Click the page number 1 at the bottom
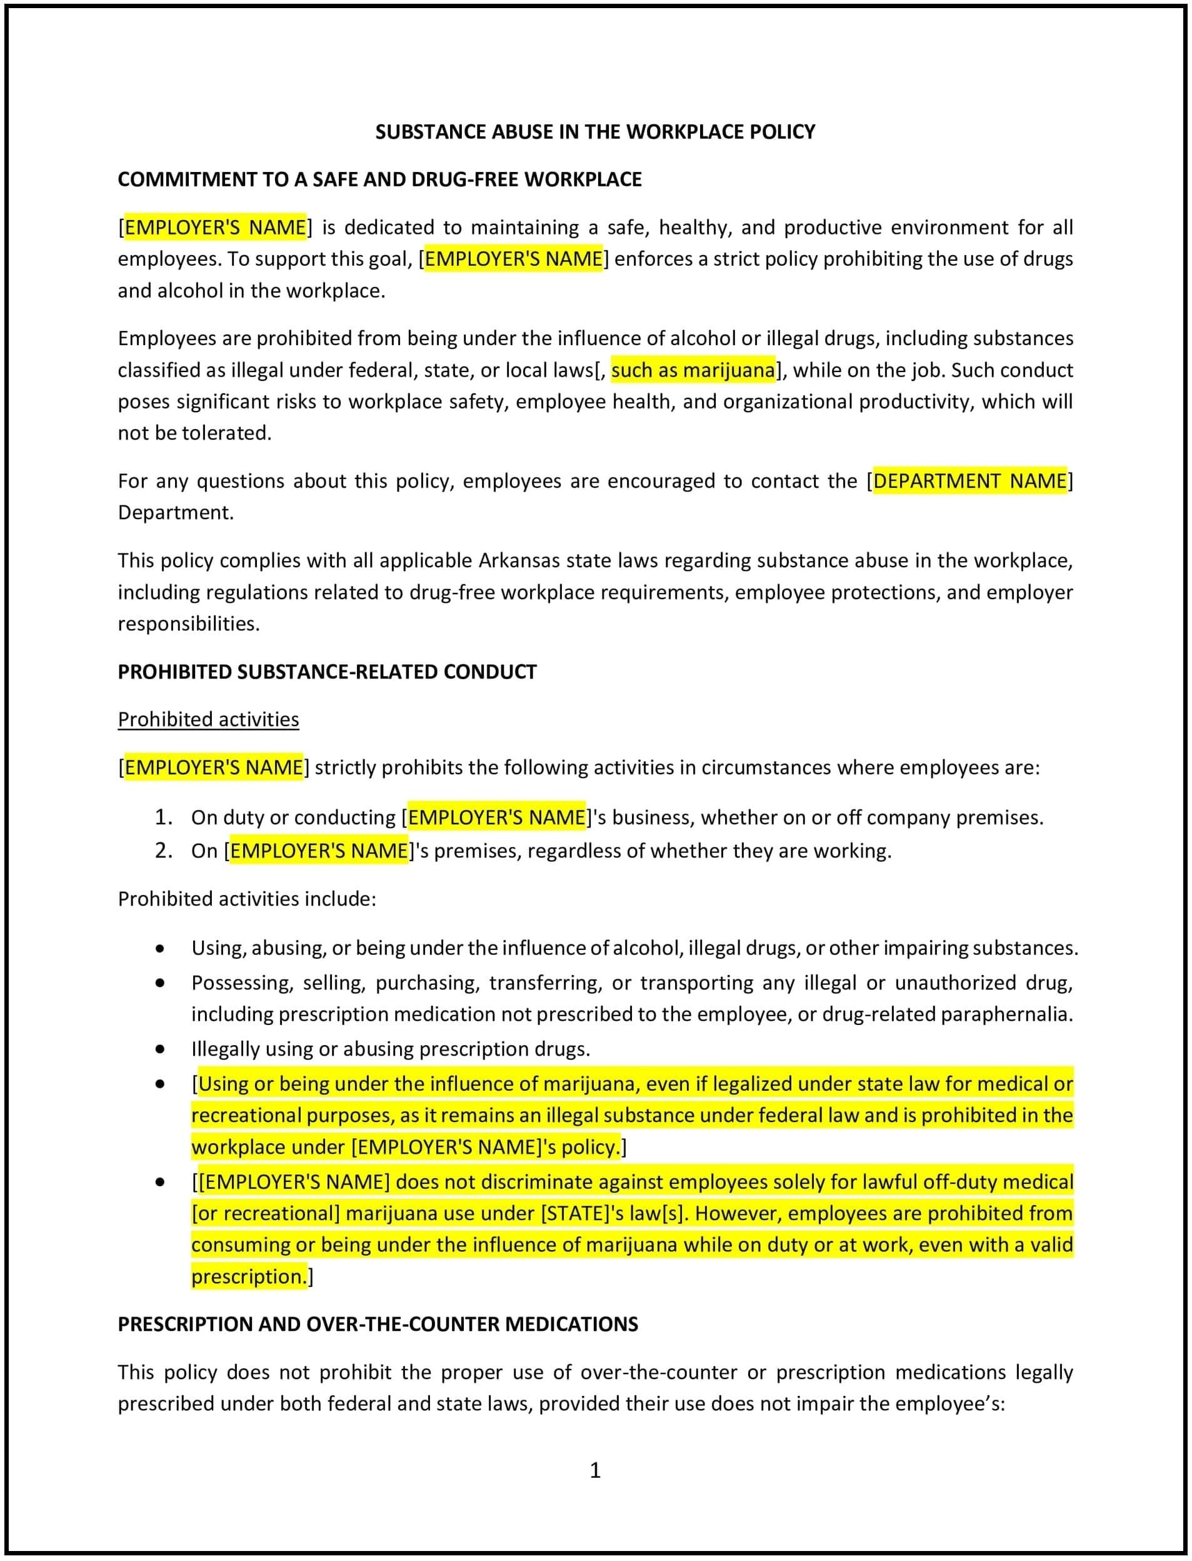point(594,1470)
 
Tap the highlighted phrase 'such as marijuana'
point(693,370)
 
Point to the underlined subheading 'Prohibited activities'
point(208,719)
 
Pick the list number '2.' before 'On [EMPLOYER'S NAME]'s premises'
point(164,851)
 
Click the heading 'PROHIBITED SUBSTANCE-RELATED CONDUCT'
point(327,672)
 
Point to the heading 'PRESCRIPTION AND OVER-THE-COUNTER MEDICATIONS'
point(378,1324)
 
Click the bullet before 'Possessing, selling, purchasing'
point(161,983)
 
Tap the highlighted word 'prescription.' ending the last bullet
point(249,1276)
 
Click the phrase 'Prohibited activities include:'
point(247,899)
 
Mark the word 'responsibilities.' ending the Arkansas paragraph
point(189,624)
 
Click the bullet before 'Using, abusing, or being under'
point(161,948)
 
